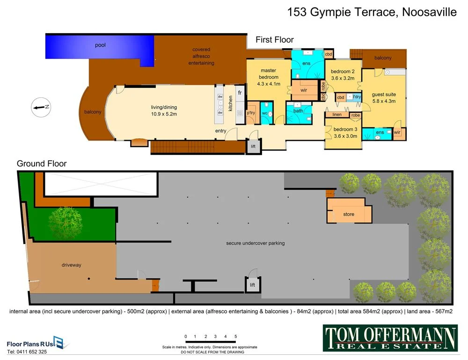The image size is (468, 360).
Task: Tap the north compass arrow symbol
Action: coord(41,108)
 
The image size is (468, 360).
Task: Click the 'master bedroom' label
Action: coord(268,77)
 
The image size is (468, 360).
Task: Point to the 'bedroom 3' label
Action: coord(343,133)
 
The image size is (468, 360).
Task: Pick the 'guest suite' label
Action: coord(383,97)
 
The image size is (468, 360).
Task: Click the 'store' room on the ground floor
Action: coord(349,214)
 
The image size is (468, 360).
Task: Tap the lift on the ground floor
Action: coord(252,285)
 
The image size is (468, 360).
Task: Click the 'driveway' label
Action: coord(71,265)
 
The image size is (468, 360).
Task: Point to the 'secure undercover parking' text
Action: coord(255,243)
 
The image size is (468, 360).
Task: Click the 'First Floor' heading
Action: coord(274,40)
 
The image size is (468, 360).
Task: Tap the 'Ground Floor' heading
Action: coord(42,164)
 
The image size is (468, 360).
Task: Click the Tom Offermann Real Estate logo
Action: coord(390,338)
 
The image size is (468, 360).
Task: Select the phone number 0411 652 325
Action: coord(27,352)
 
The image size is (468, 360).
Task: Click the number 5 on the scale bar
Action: coord(235,337)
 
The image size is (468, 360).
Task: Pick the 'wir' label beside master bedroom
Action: coord(304,90)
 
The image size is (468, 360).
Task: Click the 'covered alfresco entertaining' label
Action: coord(201,56)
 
